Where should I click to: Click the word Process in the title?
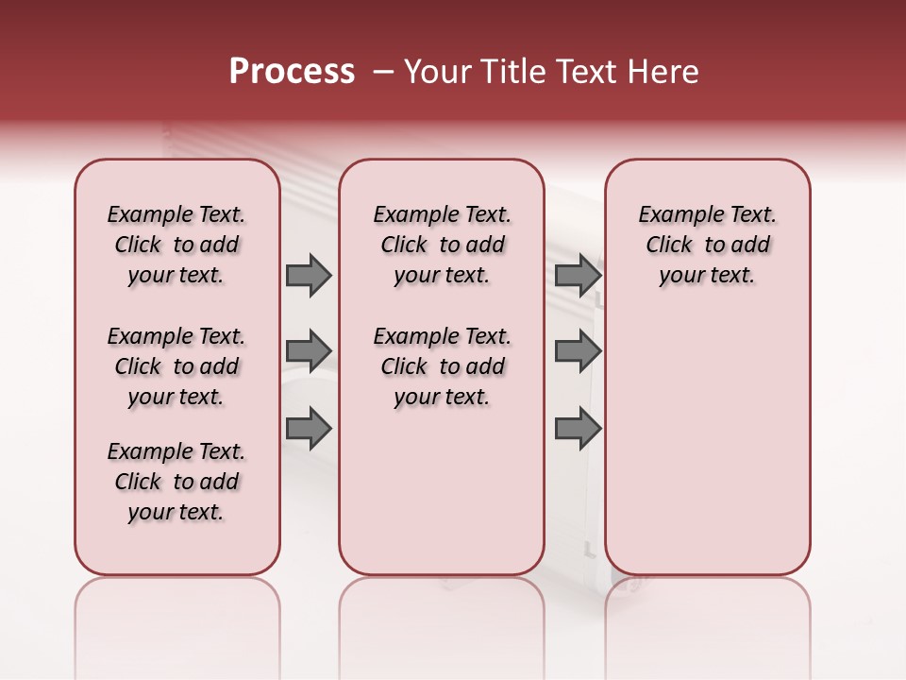coord(292,72)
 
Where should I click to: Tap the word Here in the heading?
coord(664,72)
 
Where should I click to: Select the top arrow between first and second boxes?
coord(309,276)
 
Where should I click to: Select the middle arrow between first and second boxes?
coord(309,350)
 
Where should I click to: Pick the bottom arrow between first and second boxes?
coord(309,428)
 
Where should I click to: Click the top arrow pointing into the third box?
coord(578,276)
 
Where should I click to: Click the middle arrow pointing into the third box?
coord(578,350)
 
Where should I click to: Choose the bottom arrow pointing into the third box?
coord(578,428)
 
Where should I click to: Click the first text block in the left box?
coord(176,246)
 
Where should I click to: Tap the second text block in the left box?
coord(176,366)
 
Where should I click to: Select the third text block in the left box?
coord(176,482)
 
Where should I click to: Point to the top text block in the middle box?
coord(442,246)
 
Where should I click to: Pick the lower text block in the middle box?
coord(442,366)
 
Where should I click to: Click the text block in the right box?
coord(707,246)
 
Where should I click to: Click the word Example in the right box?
coord(674,215)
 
